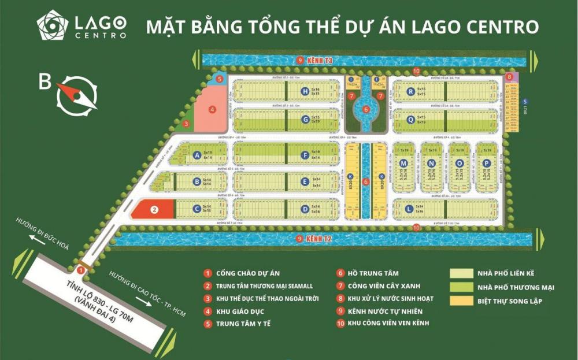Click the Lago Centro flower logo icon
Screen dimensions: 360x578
[x=53, y=25]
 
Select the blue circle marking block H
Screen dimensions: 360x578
[x=305, y=91]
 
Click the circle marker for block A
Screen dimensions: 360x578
[x=198, y=155]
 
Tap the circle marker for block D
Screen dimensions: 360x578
[x=305, y=209]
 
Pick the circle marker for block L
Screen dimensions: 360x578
[x=409, y=209]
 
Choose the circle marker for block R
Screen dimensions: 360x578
[x=410, y=91]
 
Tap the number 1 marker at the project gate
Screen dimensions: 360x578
[x=81, y=269]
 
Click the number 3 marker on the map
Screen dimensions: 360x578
[x=186, y=123]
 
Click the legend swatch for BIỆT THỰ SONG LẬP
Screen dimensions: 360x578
[x=462, y=301]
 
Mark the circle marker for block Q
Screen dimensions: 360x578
[x=410, y=120]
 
